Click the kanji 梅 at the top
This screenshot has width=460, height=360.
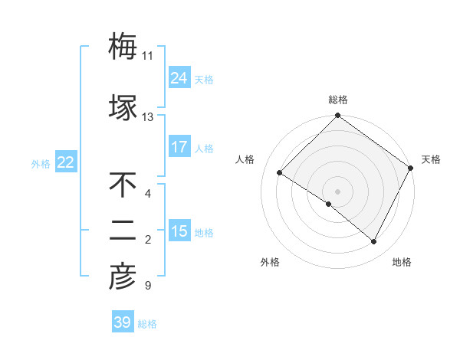click(123, 47)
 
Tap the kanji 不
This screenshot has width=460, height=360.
click(123, 185)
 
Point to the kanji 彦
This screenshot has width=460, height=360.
click(123, 278)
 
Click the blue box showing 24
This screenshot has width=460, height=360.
click(179, 78)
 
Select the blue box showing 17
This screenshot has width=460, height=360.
click(179, 147)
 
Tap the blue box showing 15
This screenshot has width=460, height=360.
click(179, 231)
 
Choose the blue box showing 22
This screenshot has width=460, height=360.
click(66, 162)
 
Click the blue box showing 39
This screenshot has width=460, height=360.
click(123, 322)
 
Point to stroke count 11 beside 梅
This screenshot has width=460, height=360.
click(147, 56)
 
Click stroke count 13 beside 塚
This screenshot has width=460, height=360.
click(147, 116)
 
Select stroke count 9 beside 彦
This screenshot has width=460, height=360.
click(147, 286)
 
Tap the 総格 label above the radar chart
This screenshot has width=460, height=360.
click(337, 100)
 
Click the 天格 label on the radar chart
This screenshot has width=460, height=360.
click(431, 159)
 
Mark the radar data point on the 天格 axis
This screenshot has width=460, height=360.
click(410, 168)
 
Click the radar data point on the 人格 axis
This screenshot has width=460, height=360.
click(280, 173)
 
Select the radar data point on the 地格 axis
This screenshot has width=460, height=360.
click(374, 241)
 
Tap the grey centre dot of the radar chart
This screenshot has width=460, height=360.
click(337, 191)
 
